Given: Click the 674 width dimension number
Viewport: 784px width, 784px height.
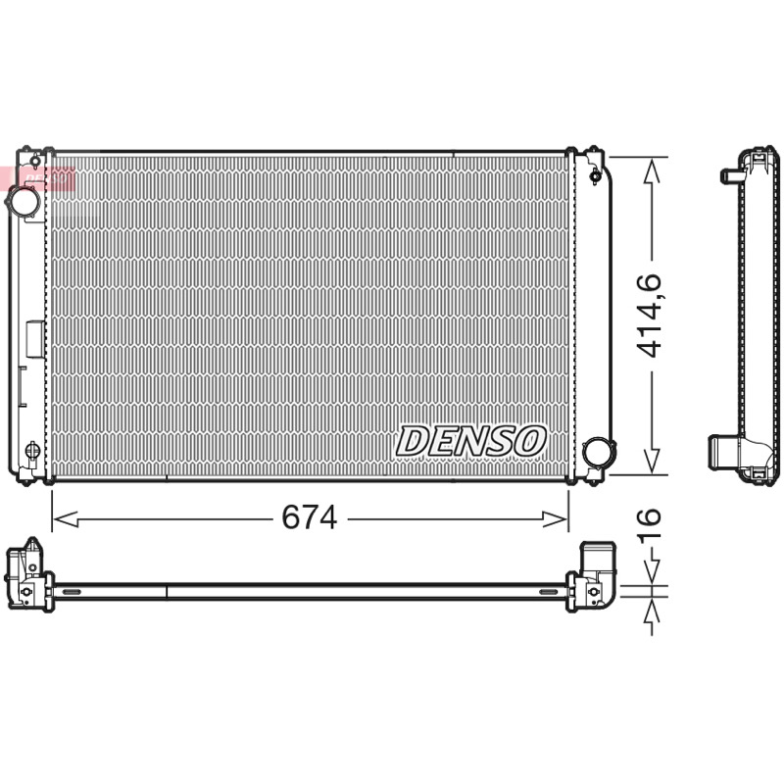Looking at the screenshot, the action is (x=310, y=517).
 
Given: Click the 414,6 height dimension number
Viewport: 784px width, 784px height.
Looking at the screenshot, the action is (x=651, y=316).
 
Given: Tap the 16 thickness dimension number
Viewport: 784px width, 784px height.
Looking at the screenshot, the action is (x=650, y=522).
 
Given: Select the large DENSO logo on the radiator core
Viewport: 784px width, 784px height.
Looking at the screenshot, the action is (x=470, y=441).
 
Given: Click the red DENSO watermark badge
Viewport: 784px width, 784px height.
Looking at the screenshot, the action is (x=37, y=178).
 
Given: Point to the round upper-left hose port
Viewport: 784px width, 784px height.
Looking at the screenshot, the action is (x=24, y=201).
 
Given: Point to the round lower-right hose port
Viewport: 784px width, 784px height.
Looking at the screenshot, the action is (x=598, y=452).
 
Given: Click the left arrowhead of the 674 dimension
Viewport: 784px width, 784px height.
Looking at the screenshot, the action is (x=66, y=519).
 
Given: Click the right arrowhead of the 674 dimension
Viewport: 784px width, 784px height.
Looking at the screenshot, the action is (x=554, y=519).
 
